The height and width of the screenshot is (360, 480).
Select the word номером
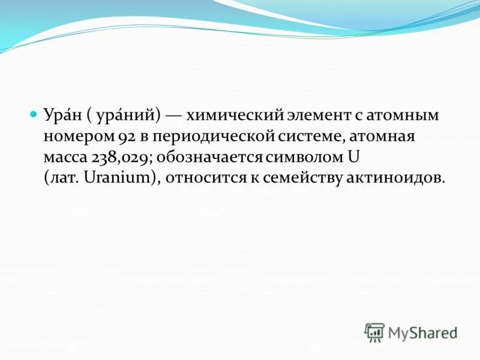(75, 136)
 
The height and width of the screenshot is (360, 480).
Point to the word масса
(65, 157)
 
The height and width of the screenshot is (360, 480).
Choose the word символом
(305, 157)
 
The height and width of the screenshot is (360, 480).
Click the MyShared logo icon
(374, 332)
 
